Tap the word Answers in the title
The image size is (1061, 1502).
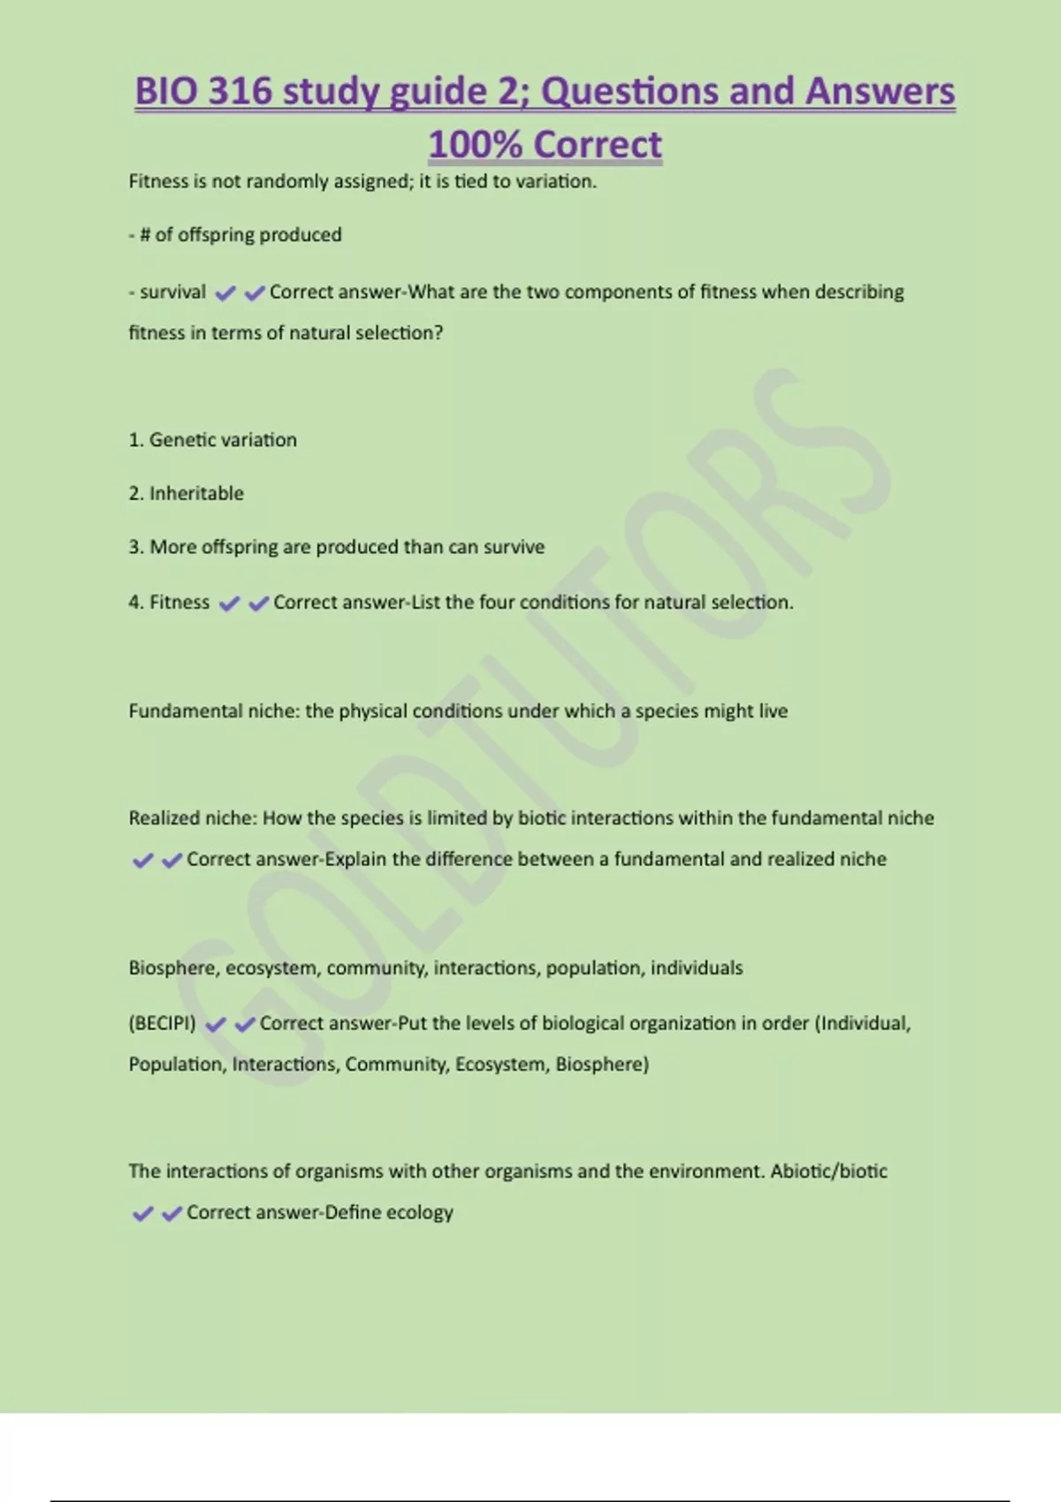point(881,92)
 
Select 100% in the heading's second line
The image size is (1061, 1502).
point(475,145)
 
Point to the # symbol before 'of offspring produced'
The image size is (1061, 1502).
point(145,235)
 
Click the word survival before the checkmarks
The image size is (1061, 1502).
point(172,292)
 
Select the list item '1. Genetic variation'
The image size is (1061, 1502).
point(213,440)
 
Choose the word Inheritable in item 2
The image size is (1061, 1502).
point(196,494)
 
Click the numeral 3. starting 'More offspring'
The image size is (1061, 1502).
point(136,547)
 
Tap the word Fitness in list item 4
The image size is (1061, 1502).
point(179,603)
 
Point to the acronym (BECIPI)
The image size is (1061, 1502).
point(163,1023)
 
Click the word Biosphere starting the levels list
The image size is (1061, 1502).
point(173,968)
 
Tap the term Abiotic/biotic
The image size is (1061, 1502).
point(828,1172)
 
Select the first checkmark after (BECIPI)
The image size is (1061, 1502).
point(215,1025)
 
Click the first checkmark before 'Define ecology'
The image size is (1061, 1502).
point(142,1214)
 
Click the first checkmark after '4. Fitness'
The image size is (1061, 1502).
point(229,604)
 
